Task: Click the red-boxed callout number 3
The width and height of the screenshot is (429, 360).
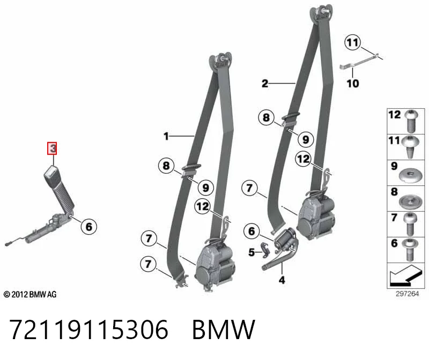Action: pos(52,148)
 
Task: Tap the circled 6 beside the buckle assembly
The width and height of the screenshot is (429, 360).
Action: pos(89,227)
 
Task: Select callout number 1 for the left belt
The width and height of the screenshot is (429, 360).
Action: pos(166,136)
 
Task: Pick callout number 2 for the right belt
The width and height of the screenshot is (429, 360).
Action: pos(264,84)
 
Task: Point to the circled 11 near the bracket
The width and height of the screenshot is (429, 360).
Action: pos(352,42)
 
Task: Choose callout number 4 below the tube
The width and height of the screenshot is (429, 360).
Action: pos(282,280)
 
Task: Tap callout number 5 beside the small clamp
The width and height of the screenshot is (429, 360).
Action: pos(252,252)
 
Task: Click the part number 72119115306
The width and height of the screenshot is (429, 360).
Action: pos(88,329)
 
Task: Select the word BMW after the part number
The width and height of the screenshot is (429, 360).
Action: pos(224,329)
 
